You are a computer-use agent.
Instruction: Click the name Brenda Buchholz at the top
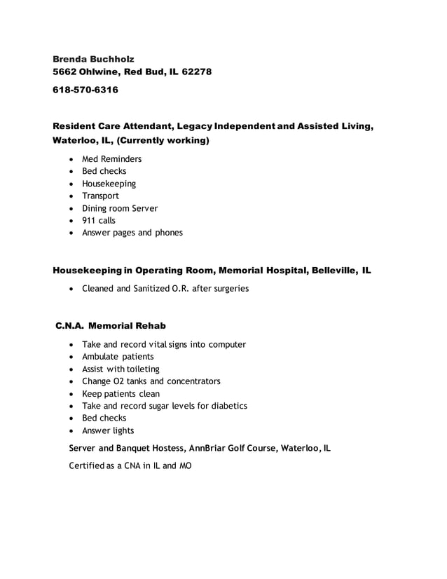coord(94,59)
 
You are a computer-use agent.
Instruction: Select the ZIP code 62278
coord(195,72)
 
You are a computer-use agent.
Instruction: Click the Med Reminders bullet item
coord(111,159)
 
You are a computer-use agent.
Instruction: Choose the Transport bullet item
coord(100,196)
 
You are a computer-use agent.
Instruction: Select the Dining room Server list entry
coord(120,208)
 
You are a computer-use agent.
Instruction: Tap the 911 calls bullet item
coord(99,220)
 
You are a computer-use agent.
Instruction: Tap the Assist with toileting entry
coord(121,369)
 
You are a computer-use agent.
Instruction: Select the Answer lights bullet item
coord(108,430)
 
